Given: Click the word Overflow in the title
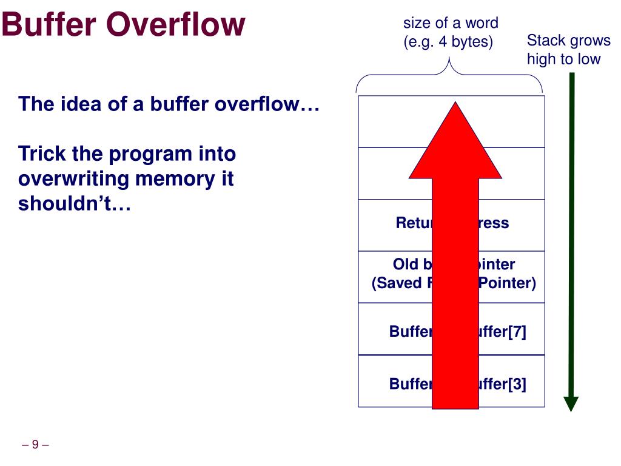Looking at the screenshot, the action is (176, 25).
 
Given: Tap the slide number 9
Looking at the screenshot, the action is (35, 445).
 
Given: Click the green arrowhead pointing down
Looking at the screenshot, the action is (571, 404).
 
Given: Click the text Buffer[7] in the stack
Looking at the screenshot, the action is (502, 332).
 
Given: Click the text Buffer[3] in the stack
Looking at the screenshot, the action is (502, 384).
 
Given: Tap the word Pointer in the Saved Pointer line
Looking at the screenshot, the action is (507, 283).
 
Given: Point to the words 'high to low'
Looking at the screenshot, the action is (563, 59).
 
